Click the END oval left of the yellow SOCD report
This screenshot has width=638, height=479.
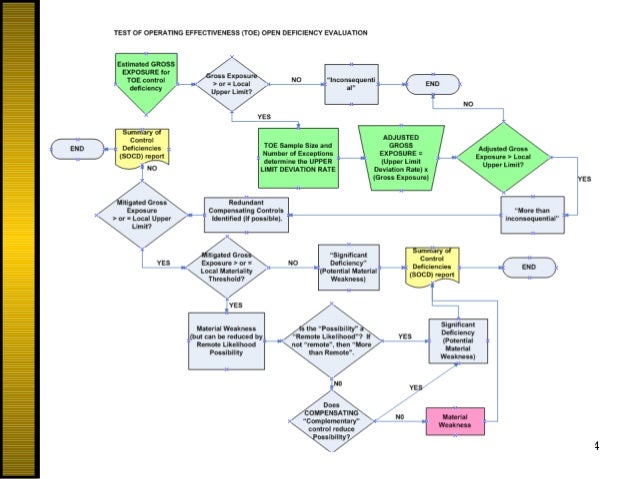pos(77,148)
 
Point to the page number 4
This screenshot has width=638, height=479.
pos(596,445)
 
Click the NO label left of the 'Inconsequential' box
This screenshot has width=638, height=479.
pos(297,78)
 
